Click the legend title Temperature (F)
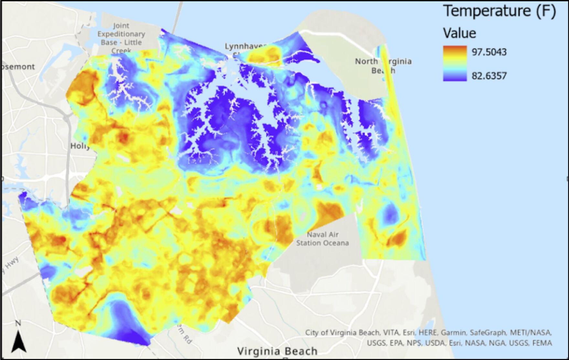click(x=499, y=11)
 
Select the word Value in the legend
click(x=459, y=33)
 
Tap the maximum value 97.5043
click(x=489, y=52)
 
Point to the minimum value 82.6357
click(x=489, y=76)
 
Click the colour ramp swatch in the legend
click(x=455, y=63)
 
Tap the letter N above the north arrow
click(x=18, y=323)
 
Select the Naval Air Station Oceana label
click(x=322, y=239)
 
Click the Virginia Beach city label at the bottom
click(x=277, y=351)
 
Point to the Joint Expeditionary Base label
click(x=121, y=34)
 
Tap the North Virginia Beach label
click(x=383, y=66)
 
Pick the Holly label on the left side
click(x=80, y=146)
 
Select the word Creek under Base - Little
click(x=121, y=51)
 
